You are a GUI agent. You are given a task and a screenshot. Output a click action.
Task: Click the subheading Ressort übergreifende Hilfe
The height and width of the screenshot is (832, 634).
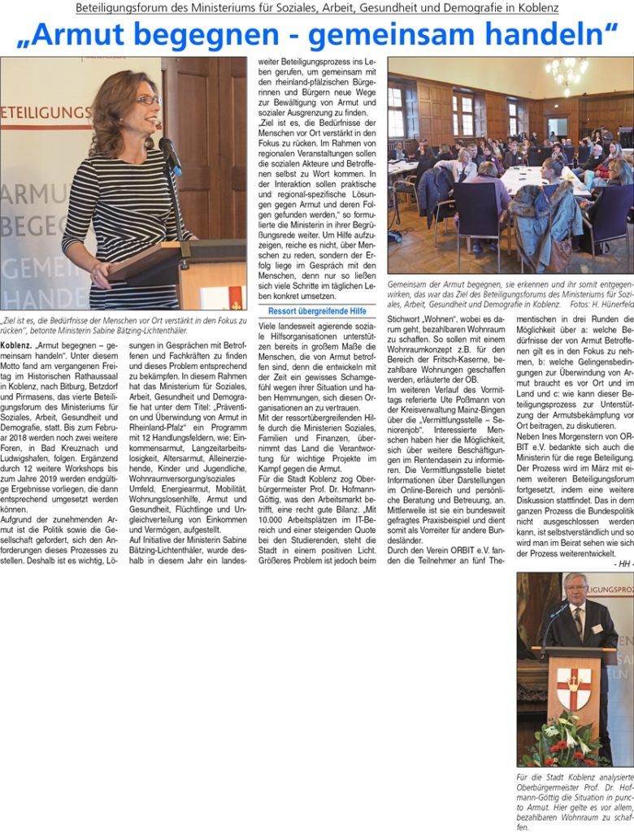pyautogui.click(x=317, y=310)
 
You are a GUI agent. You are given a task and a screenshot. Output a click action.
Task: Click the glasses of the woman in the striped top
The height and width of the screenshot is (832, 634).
pyautogui.click(x=148, y=100)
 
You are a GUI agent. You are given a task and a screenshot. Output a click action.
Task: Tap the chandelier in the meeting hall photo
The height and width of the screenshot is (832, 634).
pyautogui.click(x=567, y=72)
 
